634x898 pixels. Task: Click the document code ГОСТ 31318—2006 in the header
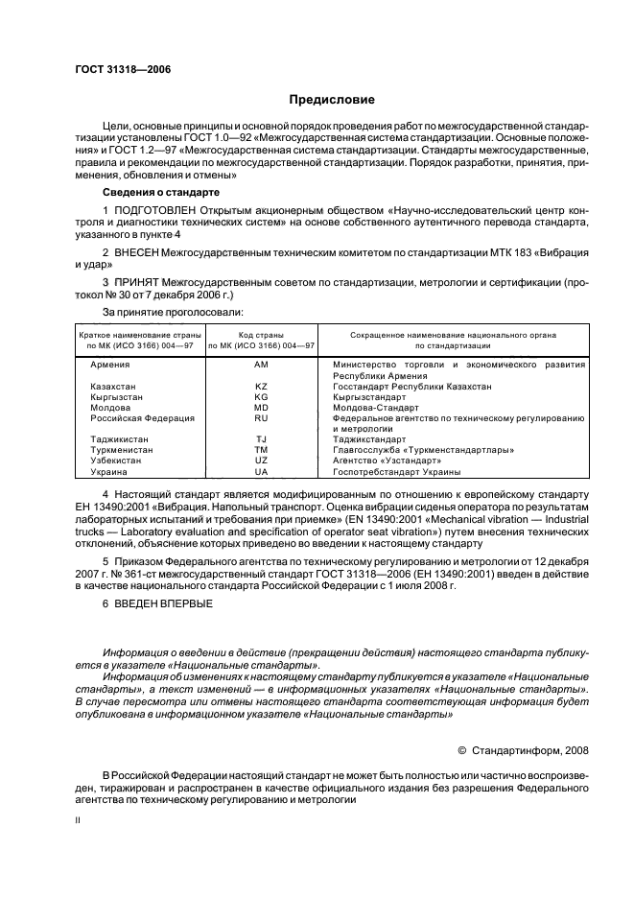(116, 71)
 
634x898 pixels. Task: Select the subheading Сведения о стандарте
(160, 192)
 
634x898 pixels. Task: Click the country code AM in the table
(261, 365)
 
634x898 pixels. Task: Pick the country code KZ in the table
(261, 386)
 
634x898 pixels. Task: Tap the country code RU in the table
(261, 417)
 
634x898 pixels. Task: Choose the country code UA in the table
(261, 471)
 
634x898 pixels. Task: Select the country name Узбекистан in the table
(116, 461)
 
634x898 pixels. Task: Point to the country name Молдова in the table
(110, 407)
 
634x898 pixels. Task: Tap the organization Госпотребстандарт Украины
(396, 471)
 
